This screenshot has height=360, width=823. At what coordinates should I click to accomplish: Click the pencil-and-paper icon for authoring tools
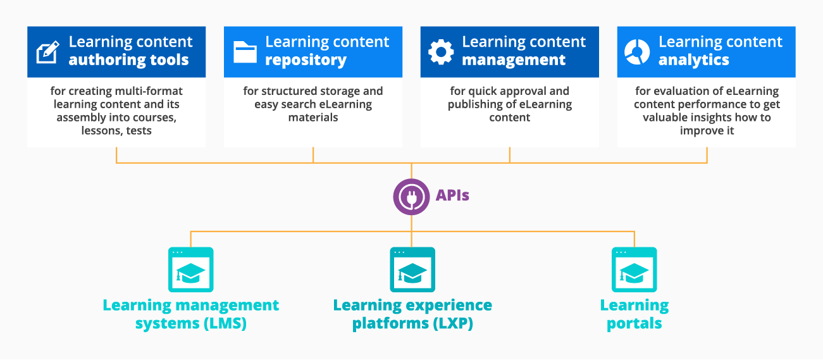[48, 52]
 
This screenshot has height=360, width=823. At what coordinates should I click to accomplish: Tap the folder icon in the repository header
[245, 52]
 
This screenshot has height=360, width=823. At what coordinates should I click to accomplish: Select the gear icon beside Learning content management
[441, 52]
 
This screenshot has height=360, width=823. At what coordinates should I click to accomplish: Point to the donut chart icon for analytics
[637, 52]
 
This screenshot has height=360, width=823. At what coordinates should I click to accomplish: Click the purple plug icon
[411, 196]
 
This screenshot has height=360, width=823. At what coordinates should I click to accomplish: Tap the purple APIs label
[452, 195]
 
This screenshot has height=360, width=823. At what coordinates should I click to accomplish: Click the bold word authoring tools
[128, 61]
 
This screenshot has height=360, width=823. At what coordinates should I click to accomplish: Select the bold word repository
[306, 61]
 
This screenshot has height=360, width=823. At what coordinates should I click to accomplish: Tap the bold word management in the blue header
[514, 61]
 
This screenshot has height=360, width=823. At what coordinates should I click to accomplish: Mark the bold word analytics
[693, 61]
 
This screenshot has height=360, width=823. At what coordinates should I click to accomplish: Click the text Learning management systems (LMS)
[190, 314]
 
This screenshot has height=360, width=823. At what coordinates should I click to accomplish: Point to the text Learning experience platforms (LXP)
[412, 314]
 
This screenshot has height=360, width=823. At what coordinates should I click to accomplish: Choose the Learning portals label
[634, 314]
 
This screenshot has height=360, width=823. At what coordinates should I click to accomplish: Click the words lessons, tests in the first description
[116, 131]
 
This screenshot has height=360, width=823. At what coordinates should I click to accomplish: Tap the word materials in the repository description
[313, 118]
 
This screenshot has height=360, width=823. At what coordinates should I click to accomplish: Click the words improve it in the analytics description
[707, 131]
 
